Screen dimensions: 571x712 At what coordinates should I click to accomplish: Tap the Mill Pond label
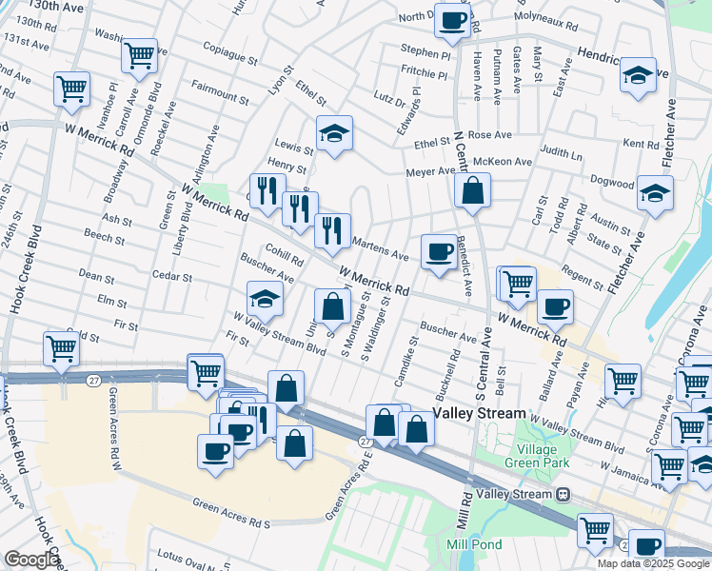click(x=467, y=543)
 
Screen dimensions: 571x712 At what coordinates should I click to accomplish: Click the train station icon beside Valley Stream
click(x=564, y=494)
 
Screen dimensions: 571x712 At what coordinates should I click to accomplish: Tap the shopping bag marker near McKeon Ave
click(x=472, y=191)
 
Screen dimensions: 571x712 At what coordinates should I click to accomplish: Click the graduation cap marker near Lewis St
click(x=334, y=134)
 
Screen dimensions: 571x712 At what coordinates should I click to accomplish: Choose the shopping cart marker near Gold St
click(x=62, y=349)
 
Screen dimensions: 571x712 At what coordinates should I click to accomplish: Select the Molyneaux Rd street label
click(x=545, y=16)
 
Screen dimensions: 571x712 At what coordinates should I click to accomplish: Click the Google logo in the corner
click(x=31, y=560)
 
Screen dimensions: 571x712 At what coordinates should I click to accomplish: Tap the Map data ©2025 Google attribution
click(x=653, y=563)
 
